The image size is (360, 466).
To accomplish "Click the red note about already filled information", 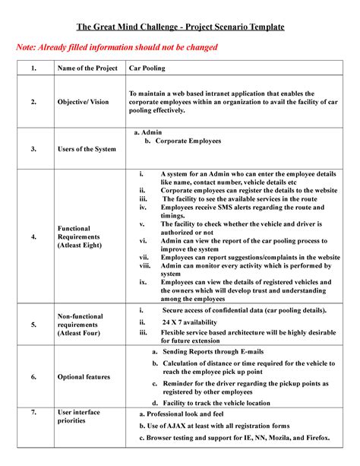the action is coord(117,48).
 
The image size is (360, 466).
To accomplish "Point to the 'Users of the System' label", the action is coord(87,149).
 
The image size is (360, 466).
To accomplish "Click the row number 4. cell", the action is coord(33,236).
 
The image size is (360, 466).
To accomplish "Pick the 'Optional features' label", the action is coord(84,377).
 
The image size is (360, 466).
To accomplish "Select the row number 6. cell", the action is coord(33,377).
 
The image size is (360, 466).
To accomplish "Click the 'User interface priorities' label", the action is coord(79,417).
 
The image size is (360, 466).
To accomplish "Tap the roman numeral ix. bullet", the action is coord(143,281).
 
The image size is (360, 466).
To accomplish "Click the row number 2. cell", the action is coord(33,101).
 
